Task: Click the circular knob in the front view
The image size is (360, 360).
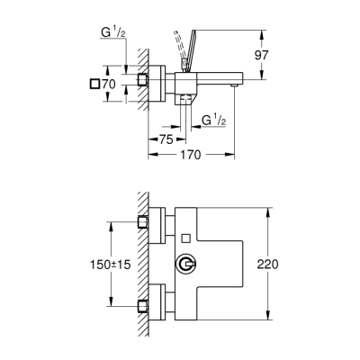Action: tap(185, 265)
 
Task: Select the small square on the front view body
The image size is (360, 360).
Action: tap(185, 238)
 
